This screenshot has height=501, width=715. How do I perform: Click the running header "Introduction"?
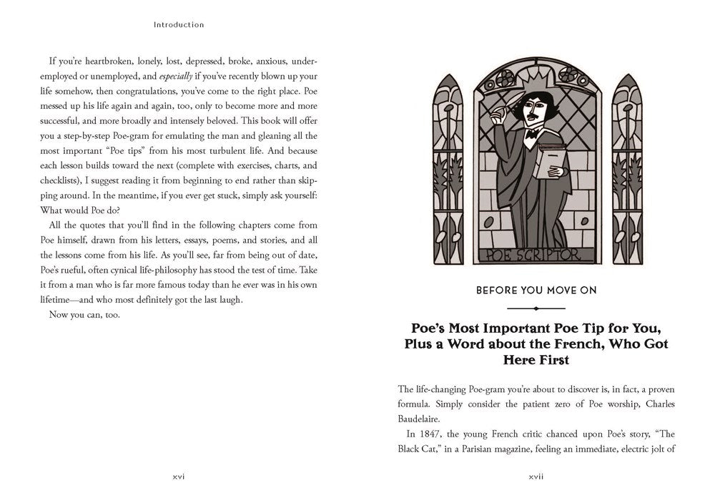pyautogui.click(x=179, y=24)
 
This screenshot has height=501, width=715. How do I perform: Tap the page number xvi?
pyautogui.click(x=179, y=475)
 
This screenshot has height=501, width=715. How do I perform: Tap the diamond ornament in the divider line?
pyautogui.click(x=536, y=309)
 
